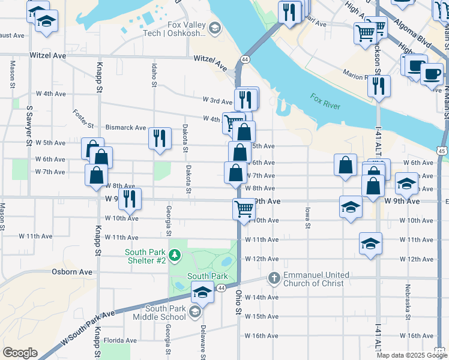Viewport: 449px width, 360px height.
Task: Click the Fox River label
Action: (x=325, y=101)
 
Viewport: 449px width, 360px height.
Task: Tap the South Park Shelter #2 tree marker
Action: (x=175, y=256)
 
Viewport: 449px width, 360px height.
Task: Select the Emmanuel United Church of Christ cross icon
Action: (x=274, y=278)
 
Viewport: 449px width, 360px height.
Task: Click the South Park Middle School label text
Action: (x=166, y=312)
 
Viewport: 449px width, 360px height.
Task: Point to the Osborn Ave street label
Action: (x=76, y=272)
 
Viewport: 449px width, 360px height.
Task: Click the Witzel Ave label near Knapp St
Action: (x=47, y=55)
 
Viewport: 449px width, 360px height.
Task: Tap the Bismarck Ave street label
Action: (x=125, y=128)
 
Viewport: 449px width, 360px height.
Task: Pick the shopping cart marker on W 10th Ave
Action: (x=244, y=209)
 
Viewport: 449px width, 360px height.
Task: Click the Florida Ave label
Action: (x=117, y=340)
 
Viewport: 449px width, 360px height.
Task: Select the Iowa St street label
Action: (x=307, y=218)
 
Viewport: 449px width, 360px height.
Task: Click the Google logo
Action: (x=20, y=353)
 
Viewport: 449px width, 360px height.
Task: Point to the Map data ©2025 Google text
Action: (x=412, y=355)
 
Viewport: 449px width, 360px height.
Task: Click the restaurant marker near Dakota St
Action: (x=160, y=139)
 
